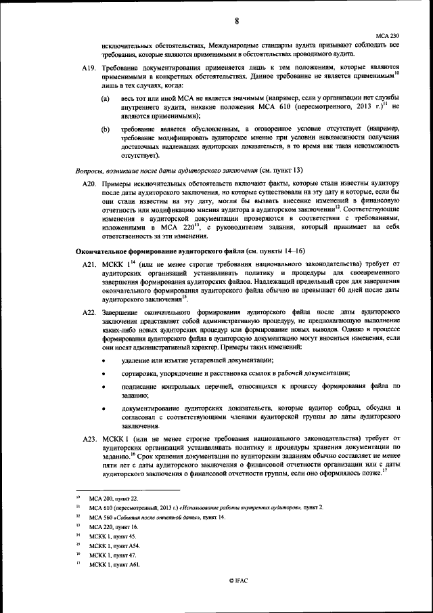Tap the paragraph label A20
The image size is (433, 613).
[89, 184]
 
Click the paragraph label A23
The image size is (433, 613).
[89, 439]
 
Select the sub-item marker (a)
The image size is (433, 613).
[106, 99]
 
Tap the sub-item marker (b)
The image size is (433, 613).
[106, 129]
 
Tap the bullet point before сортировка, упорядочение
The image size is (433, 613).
[103, 373]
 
